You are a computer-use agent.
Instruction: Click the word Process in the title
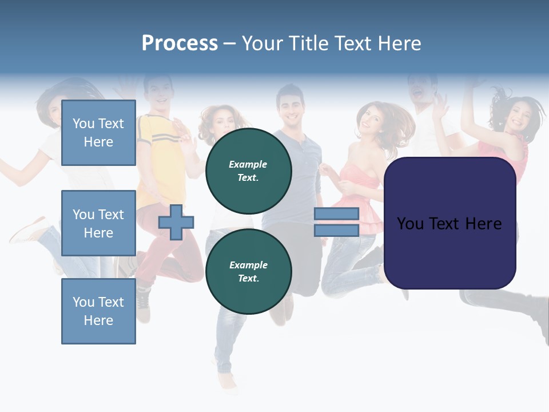pyautogui.click(x=180, y=43)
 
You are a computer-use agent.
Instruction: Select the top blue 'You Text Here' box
pyautogui.click(x=98, y=133)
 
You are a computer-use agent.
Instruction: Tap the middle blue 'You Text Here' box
pyautogui.click(x=98, y=223)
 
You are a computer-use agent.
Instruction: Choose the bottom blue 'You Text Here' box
pyautogui.click(x=98, y=311)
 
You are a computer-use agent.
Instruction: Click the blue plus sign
pyautogui.click(x=176, y=222)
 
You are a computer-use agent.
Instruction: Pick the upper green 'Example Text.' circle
pyautogui.click(x=248, y=171)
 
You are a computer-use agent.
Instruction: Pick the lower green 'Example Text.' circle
pyautogui.click(x=248, y=271)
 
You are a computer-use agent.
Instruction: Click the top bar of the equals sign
pyautogui.click(x=336, y=213)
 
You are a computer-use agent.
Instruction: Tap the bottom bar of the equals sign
pyautogui.click(x=336, y=230)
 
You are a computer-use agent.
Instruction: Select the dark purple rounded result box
pyautogui.click(x=449, y=223)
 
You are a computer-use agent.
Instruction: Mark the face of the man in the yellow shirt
pyautogui.click(x=158, y=94)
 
